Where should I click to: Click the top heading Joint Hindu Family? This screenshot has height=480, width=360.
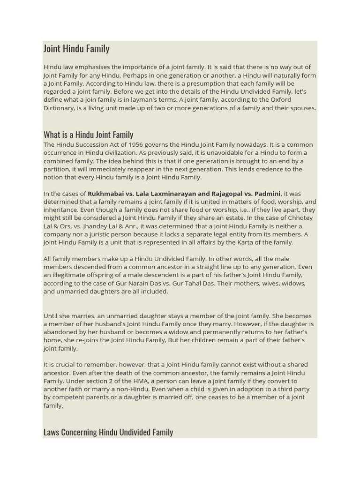[76, 49]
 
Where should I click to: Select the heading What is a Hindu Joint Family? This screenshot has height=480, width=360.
[88, 135]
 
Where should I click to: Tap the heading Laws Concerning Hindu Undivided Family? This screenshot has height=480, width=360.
[108, 432]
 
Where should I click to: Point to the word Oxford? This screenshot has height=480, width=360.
[280, 100]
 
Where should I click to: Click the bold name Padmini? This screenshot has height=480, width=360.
[267, 194]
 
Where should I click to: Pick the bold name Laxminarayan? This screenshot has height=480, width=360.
[174, 194]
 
